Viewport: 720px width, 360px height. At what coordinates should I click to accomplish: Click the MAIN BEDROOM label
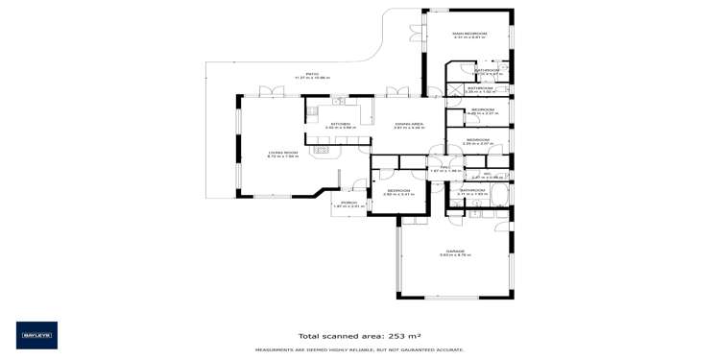[x=470, y=35]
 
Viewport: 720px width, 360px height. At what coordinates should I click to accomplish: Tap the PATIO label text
[x=312, y=73]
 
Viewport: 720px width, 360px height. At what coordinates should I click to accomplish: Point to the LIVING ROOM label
[x=283, y=153]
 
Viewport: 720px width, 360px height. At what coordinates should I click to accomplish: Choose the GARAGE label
[x=455, y=251]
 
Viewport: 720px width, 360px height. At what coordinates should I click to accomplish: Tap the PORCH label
[x=349, y=203]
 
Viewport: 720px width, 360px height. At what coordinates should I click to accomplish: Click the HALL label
[x=445, y=167]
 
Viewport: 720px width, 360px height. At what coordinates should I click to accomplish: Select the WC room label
[x=488, y=174]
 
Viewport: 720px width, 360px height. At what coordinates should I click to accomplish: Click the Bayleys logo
[x=36, y=335]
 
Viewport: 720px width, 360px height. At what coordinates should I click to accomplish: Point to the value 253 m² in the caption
[x=401, y=336]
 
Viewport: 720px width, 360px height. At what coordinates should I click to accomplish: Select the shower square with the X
[x=454, y=89]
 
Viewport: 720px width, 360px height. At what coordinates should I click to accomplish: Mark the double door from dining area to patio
[x=393, y=92]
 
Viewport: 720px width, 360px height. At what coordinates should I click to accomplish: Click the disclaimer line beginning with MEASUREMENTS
[x=359, y=350]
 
